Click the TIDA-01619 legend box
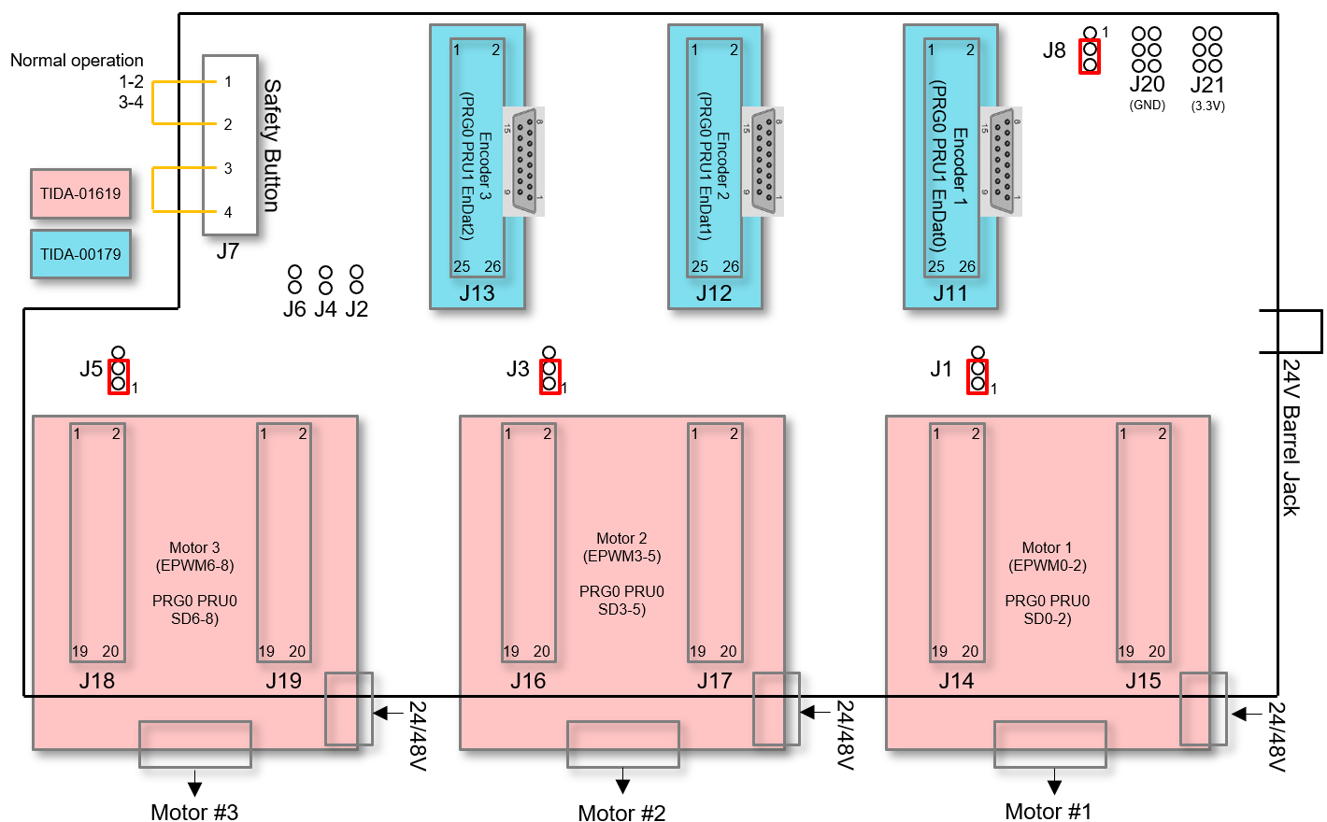pyautogui.click(x=80, y=194)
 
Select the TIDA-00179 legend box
pyautogui.click(x=80, y=254)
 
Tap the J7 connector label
pyautogui.click(x=227, y=251)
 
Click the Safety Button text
pyautogui.click(x=272, y=145)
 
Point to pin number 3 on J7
pyautogui.click(x=228, y=168)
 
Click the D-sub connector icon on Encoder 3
pyautogui.click(x=524, y=162)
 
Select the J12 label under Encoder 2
pyautogui.click(x=714, y=293)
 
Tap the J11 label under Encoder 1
pyautogui.click(x=950, y=293)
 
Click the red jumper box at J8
pyautogui.click(x=1090, y=57)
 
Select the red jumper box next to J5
pyautogui.click(x=119, y=376)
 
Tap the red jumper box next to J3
pyautogui.click(x=549, y=376)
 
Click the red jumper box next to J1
pyautogui.click(x=977, y=376)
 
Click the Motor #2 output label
pyautogui.click(x=621, y=813)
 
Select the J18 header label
pyautogui.click(x=97, y=681)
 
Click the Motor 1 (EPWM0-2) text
pyautogui.click(x=1047, y=557)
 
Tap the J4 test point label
pyautogui.click(x=325, y=309)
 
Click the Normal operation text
pyautogui.click(x=77, y=61)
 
